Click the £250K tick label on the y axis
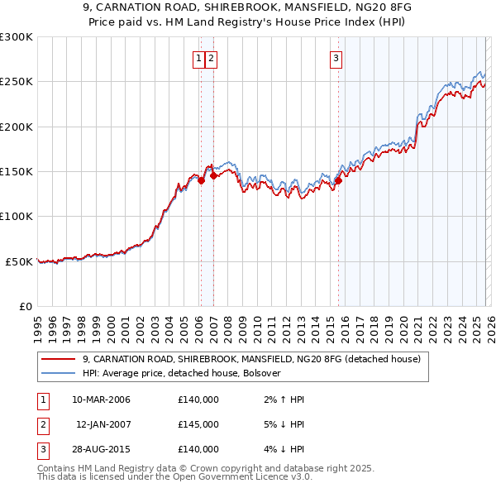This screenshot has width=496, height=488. pyautogui.click(x=17, y=82)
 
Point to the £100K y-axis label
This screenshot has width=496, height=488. pyautogui.click(x=17, y=216)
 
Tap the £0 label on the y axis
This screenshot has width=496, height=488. pyautogui.click(x=26, y=306)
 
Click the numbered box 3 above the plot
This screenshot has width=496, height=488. pyautogui.click(x=336, y=58)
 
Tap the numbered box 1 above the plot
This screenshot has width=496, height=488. pyautogui.click(x=199, y=58)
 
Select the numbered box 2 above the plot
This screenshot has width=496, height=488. pyautogui.click(x=211, y=58)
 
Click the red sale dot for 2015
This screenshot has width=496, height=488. pyautogui.click(x=338, y=181)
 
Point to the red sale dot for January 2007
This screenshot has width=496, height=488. pyautogui.click(x=213, y=175)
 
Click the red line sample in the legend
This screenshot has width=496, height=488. pyautogui.click(x=58, y=360)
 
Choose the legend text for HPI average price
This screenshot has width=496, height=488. pyautogui.click(x=182, y=373)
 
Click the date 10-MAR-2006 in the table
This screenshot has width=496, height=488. pyautogui.click(x=101, y=399)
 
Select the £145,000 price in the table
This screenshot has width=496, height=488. pyautogui.click(x=198, y=424)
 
